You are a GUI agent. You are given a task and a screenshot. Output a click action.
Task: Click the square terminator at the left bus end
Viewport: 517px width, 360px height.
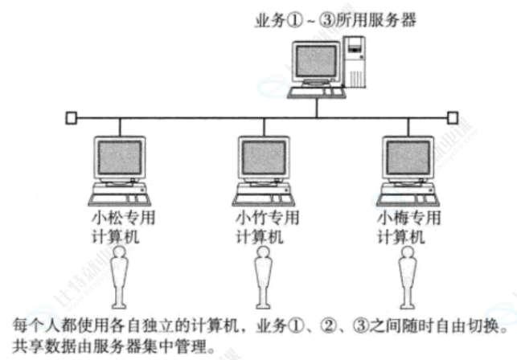(x=72, y=118)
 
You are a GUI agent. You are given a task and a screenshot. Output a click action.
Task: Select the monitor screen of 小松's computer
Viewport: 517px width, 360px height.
(x=119, y=159)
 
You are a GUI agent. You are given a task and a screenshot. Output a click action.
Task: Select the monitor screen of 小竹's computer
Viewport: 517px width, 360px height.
(x=262, y=159)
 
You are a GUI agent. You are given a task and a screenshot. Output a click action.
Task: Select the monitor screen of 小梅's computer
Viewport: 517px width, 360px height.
(x=405, y=159)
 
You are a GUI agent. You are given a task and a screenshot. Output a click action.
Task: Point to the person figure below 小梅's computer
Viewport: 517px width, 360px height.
(x=404, y=277)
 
